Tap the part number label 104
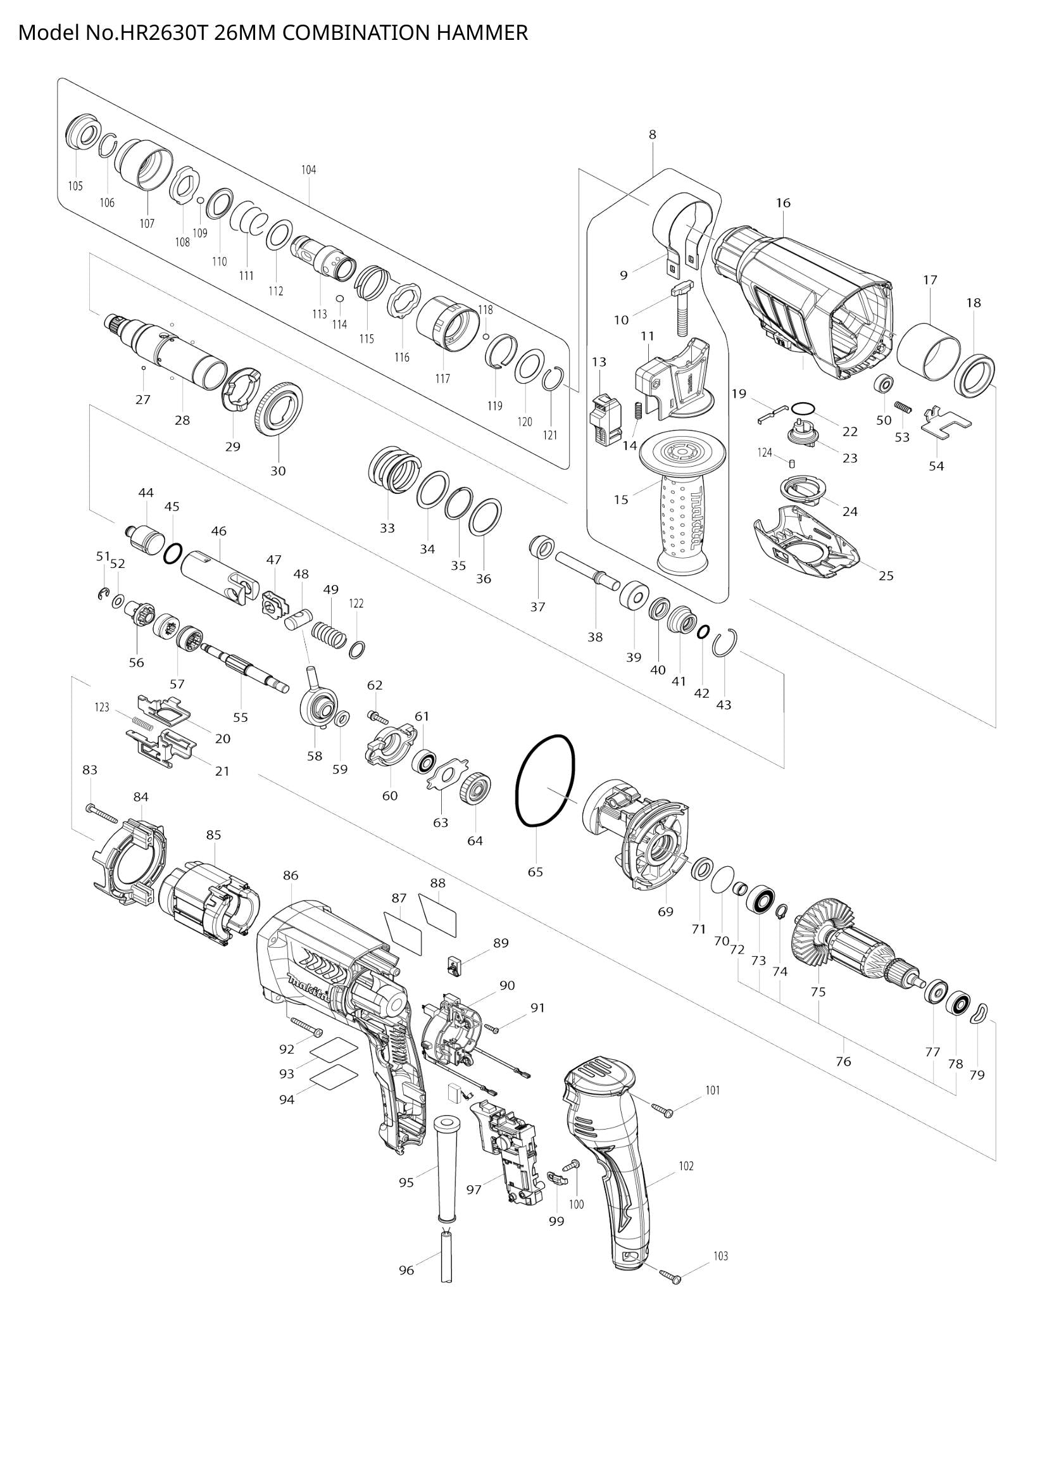tap(309, 170)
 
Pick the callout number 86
tap(291, 875)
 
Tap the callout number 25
tap(886, 576)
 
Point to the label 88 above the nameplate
tap(438, 883)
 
